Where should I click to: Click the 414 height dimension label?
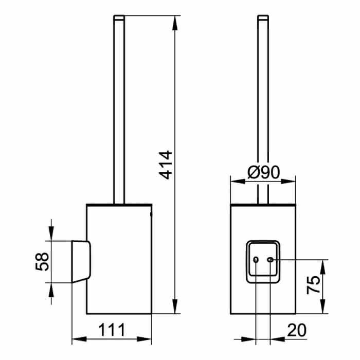point(166,165)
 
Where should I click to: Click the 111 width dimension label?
point(112,330)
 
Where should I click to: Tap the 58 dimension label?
point(42,262)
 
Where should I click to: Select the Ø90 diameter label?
point(264,172)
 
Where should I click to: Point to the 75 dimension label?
point(313,284)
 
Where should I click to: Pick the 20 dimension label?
point(297,330)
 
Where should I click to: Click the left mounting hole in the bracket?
point(256,260)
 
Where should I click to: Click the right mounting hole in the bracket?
point(270,260)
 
